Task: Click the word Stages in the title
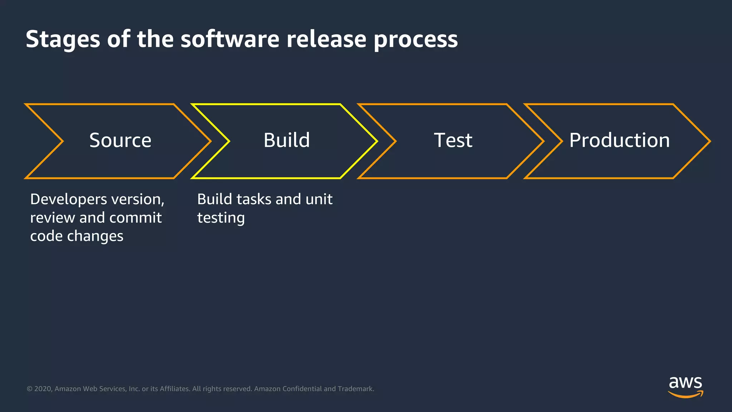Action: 63,39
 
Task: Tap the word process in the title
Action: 415,39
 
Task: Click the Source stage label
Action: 120,140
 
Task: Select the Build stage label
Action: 287,140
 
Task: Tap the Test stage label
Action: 453,140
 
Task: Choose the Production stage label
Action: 619,140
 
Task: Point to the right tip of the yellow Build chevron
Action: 376,141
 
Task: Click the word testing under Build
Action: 221,218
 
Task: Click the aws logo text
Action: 685,383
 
